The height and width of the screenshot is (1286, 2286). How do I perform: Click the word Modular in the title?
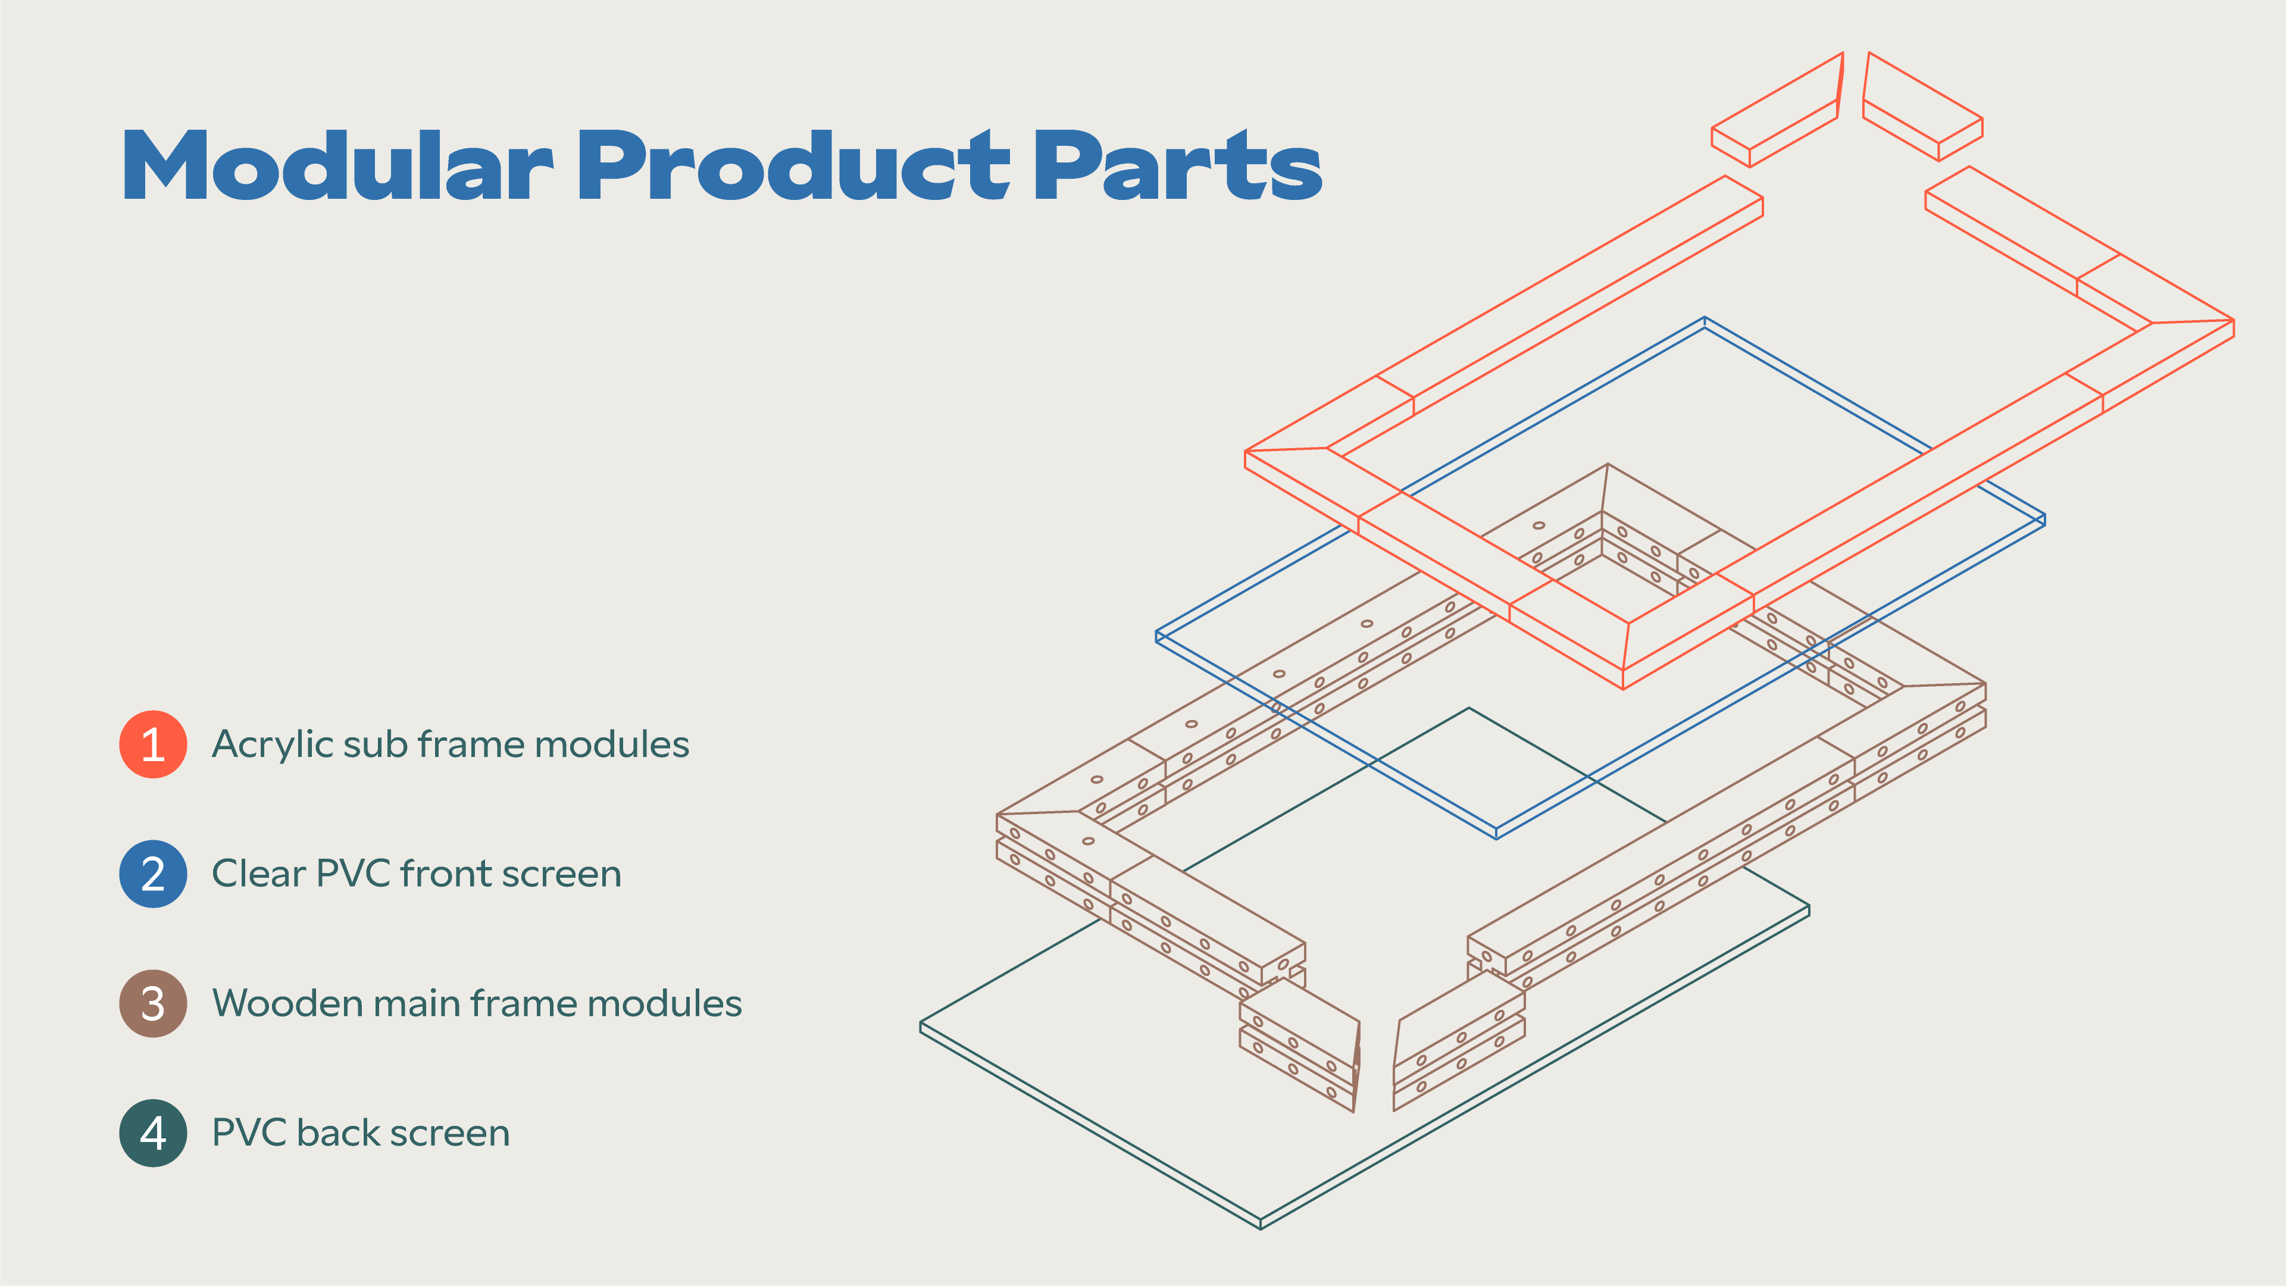pyautogui.click(x=338, y=165)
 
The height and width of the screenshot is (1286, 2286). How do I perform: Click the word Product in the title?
pyautogui.click(x=795, y=165)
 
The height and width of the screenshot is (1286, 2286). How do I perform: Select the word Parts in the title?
pyautogui.click(x=1178, y=165)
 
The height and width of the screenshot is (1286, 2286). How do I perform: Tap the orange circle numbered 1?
pyautogui.click(x=152, y=744)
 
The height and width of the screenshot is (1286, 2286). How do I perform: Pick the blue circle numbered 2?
pyautogui.click(x=152, y=874)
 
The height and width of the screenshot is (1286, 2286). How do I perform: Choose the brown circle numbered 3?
pyautogui.click(x=152, y=1003)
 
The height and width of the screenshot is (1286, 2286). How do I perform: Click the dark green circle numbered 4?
pyautogui.click(x=152, y=1132)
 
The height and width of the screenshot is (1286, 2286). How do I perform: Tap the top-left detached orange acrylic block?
pyautogui.click(x=1777, y=110)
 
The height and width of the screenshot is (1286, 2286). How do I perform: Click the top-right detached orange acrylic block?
pyautogui.click(x=1922, y=107)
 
